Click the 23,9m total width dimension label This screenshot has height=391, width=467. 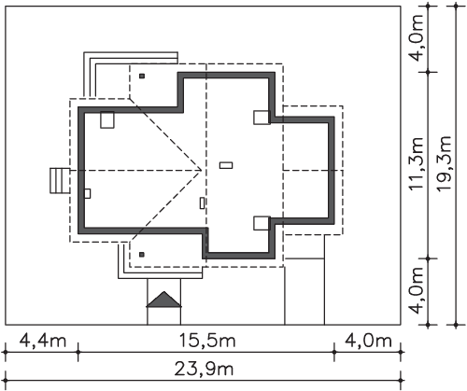click(204, 370)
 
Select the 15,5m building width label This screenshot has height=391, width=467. click(207, 341)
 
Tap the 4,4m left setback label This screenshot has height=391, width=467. click(43, 341)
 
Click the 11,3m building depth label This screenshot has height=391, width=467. click(417, 164)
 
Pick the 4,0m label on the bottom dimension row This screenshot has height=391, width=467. click(368, 341)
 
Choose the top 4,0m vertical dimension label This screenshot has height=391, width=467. click(417, 38)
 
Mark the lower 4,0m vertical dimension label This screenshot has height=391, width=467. click(417, 291)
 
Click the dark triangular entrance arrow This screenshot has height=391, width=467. click(163, 300)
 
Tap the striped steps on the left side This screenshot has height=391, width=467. click(60, 181)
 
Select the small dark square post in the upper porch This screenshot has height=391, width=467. click(142, 76)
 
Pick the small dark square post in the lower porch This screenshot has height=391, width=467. click(142, 255)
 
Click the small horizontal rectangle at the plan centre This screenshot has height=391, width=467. click(226, 165)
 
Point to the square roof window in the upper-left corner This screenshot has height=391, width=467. click(107, 119)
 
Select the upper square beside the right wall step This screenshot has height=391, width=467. click(262, 118)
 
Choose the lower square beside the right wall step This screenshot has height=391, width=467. click(262, 223)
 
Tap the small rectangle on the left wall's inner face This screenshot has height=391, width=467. click(88, 193)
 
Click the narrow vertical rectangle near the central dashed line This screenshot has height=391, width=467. click(203, 203)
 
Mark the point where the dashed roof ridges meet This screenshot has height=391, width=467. click(202, 170)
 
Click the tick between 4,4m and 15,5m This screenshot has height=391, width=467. click(78, 352)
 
